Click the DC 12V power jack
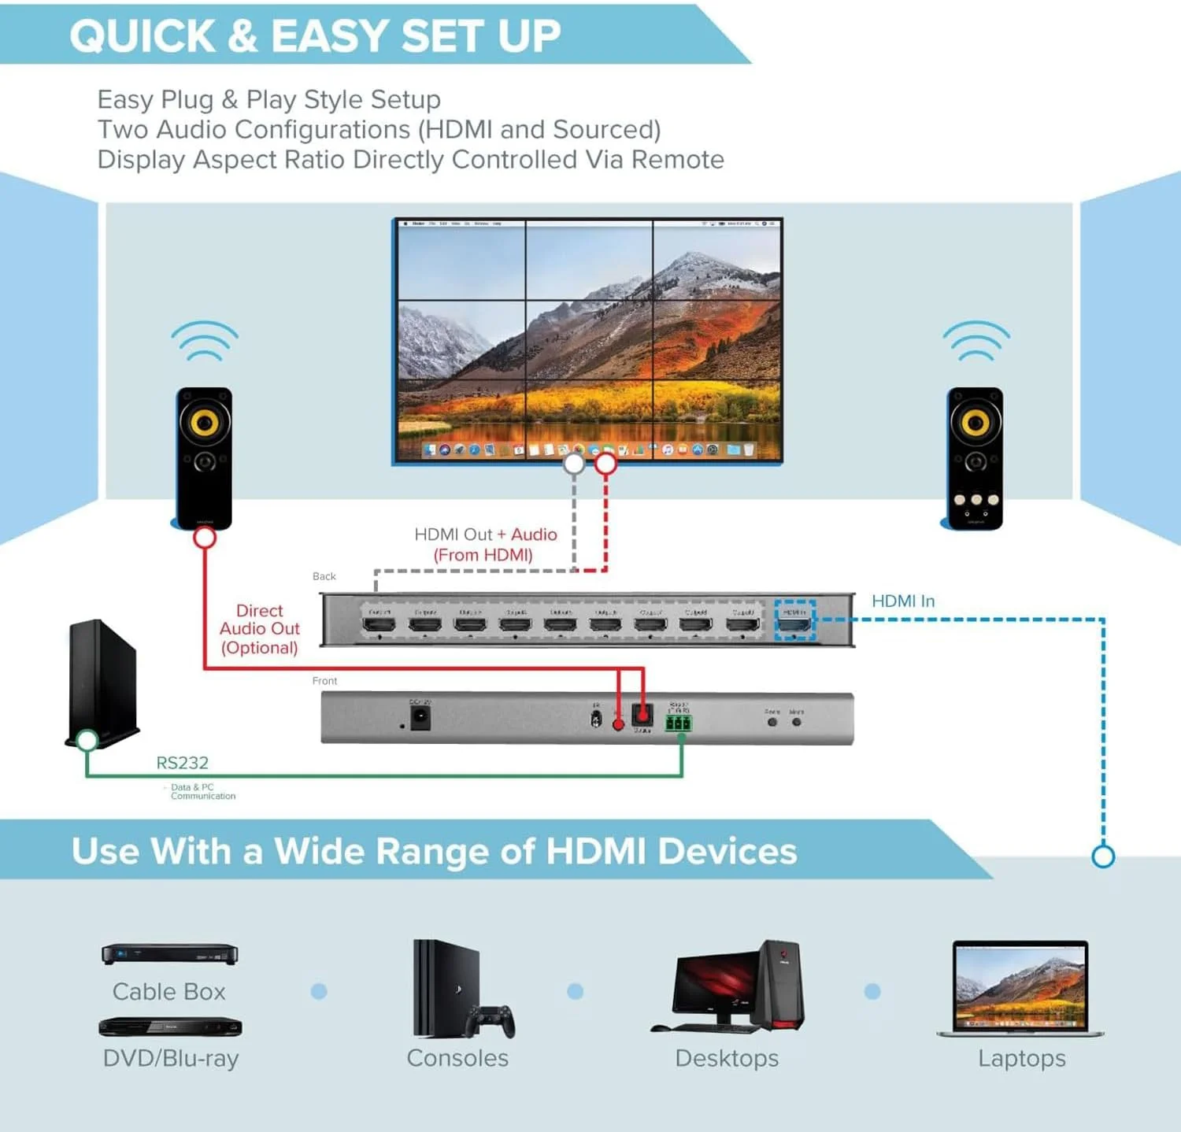420,717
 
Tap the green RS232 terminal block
678,723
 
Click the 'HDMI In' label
903,601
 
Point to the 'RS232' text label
182,763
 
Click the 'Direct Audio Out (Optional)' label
259,629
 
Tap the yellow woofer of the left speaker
204,423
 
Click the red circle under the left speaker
205,538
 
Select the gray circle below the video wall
574,464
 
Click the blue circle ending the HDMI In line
1103,856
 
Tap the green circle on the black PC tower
87,739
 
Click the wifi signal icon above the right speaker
976,341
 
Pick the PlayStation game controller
490,1020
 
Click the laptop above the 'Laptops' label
1020,988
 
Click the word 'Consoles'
457,1058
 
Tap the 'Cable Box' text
168,992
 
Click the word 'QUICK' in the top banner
143,36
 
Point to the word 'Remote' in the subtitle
677,160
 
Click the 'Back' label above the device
324,576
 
